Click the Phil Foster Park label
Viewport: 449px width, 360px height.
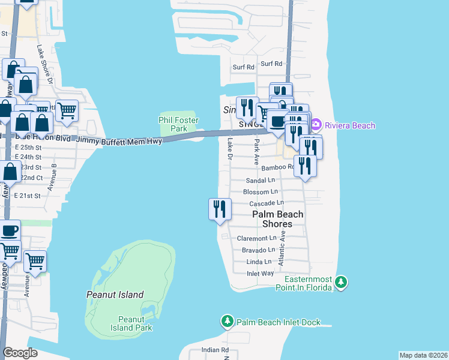point(178,124)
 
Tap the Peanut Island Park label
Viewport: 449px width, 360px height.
point(131,323)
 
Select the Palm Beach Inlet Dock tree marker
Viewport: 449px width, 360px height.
point(228,322)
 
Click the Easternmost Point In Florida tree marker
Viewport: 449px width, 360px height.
point(341,281)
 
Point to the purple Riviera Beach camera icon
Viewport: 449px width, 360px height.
point(316,125)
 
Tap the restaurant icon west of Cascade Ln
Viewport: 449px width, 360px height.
point(220,209)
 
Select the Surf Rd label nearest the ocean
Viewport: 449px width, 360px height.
point(271,64)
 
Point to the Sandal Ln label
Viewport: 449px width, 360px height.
point(261,180)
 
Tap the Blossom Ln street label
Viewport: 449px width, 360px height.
point(260,192)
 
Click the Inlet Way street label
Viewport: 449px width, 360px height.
point(260,274)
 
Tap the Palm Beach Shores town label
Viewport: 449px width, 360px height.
point(277,219)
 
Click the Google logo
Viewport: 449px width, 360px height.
point(20,353)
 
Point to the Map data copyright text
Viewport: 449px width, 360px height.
point(423,355)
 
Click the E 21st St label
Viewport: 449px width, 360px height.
point(28,196)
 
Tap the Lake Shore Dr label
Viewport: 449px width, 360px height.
point(45,64)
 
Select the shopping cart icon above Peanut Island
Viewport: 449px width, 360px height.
point(35,262)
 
